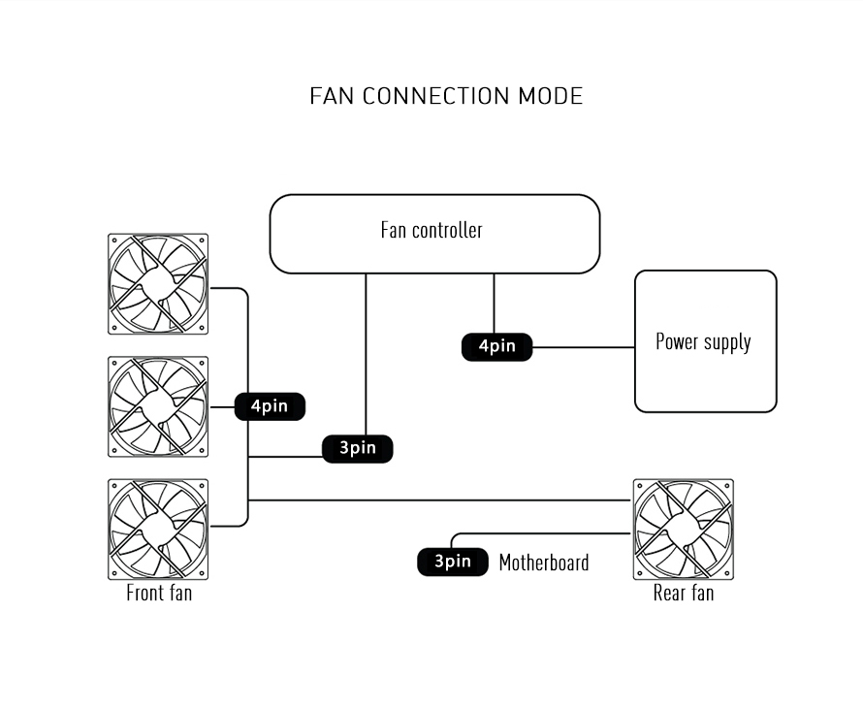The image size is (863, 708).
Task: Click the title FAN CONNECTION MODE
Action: pyautogui.click(x=446, y=96)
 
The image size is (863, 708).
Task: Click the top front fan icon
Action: pyautogui.click(x=158, y=284)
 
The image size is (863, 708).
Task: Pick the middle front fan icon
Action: pyautogui.click(x=158, y=406)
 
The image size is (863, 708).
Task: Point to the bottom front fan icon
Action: pyautogui.click(x=158, y=529)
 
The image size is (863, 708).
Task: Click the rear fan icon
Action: pyautogui.click(x=683, y=529)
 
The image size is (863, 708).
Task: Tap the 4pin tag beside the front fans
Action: pyautogui.click(x=270, y=406)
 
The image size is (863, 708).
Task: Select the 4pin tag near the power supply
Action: pyautogui.click(x=496, y=346)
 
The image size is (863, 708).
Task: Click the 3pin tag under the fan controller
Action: pyautogui.click(x=357, y=448)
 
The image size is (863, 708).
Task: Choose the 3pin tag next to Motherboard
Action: pyautogui.click(x=452, y=562)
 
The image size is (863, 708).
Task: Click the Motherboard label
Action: pyautogui.click(x=543, y=563)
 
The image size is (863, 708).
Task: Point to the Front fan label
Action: pyautogui.click(x=159, y=593)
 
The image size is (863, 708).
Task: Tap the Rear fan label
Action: pyautogui.click(x=683, y=593)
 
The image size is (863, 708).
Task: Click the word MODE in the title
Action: pyautogui.click(x=550, y=96)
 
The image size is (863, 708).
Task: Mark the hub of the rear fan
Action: pyautogui.click(x=683, y=529)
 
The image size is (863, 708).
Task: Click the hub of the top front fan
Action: pyautogui.click(x=158, y=284)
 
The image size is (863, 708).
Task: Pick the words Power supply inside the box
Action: pyautogui.click(x=703, y=341)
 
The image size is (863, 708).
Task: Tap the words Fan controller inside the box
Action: pyautogui.click(x=431, y=230)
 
